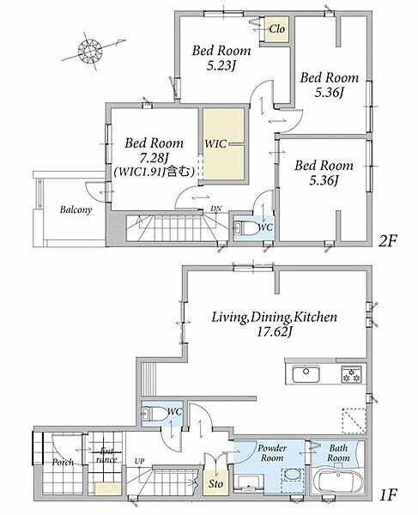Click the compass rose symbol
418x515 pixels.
coord(90,51)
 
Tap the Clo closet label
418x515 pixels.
coord(276,29)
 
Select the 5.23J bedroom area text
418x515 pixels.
coord(221,66)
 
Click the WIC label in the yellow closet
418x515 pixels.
coord(215,143)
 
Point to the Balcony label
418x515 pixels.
coord(76,209)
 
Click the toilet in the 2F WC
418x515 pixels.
coord(245,228)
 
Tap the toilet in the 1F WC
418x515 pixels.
coord(155,414)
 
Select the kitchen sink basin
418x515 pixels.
coord(306,373)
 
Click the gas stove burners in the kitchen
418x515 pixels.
coord(351,373)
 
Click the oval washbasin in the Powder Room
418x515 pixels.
coord(292,475)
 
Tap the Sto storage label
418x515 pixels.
coord(215,483)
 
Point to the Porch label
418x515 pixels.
coord(63,462)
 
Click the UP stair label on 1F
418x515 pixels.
coord(139,461)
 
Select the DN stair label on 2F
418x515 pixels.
coord(215,209)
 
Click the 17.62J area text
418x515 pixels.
coord(274,332)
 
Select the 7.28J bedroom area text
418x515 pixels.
coord(154,159)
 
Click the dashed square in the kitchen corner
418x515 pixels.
coord(354,421)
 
